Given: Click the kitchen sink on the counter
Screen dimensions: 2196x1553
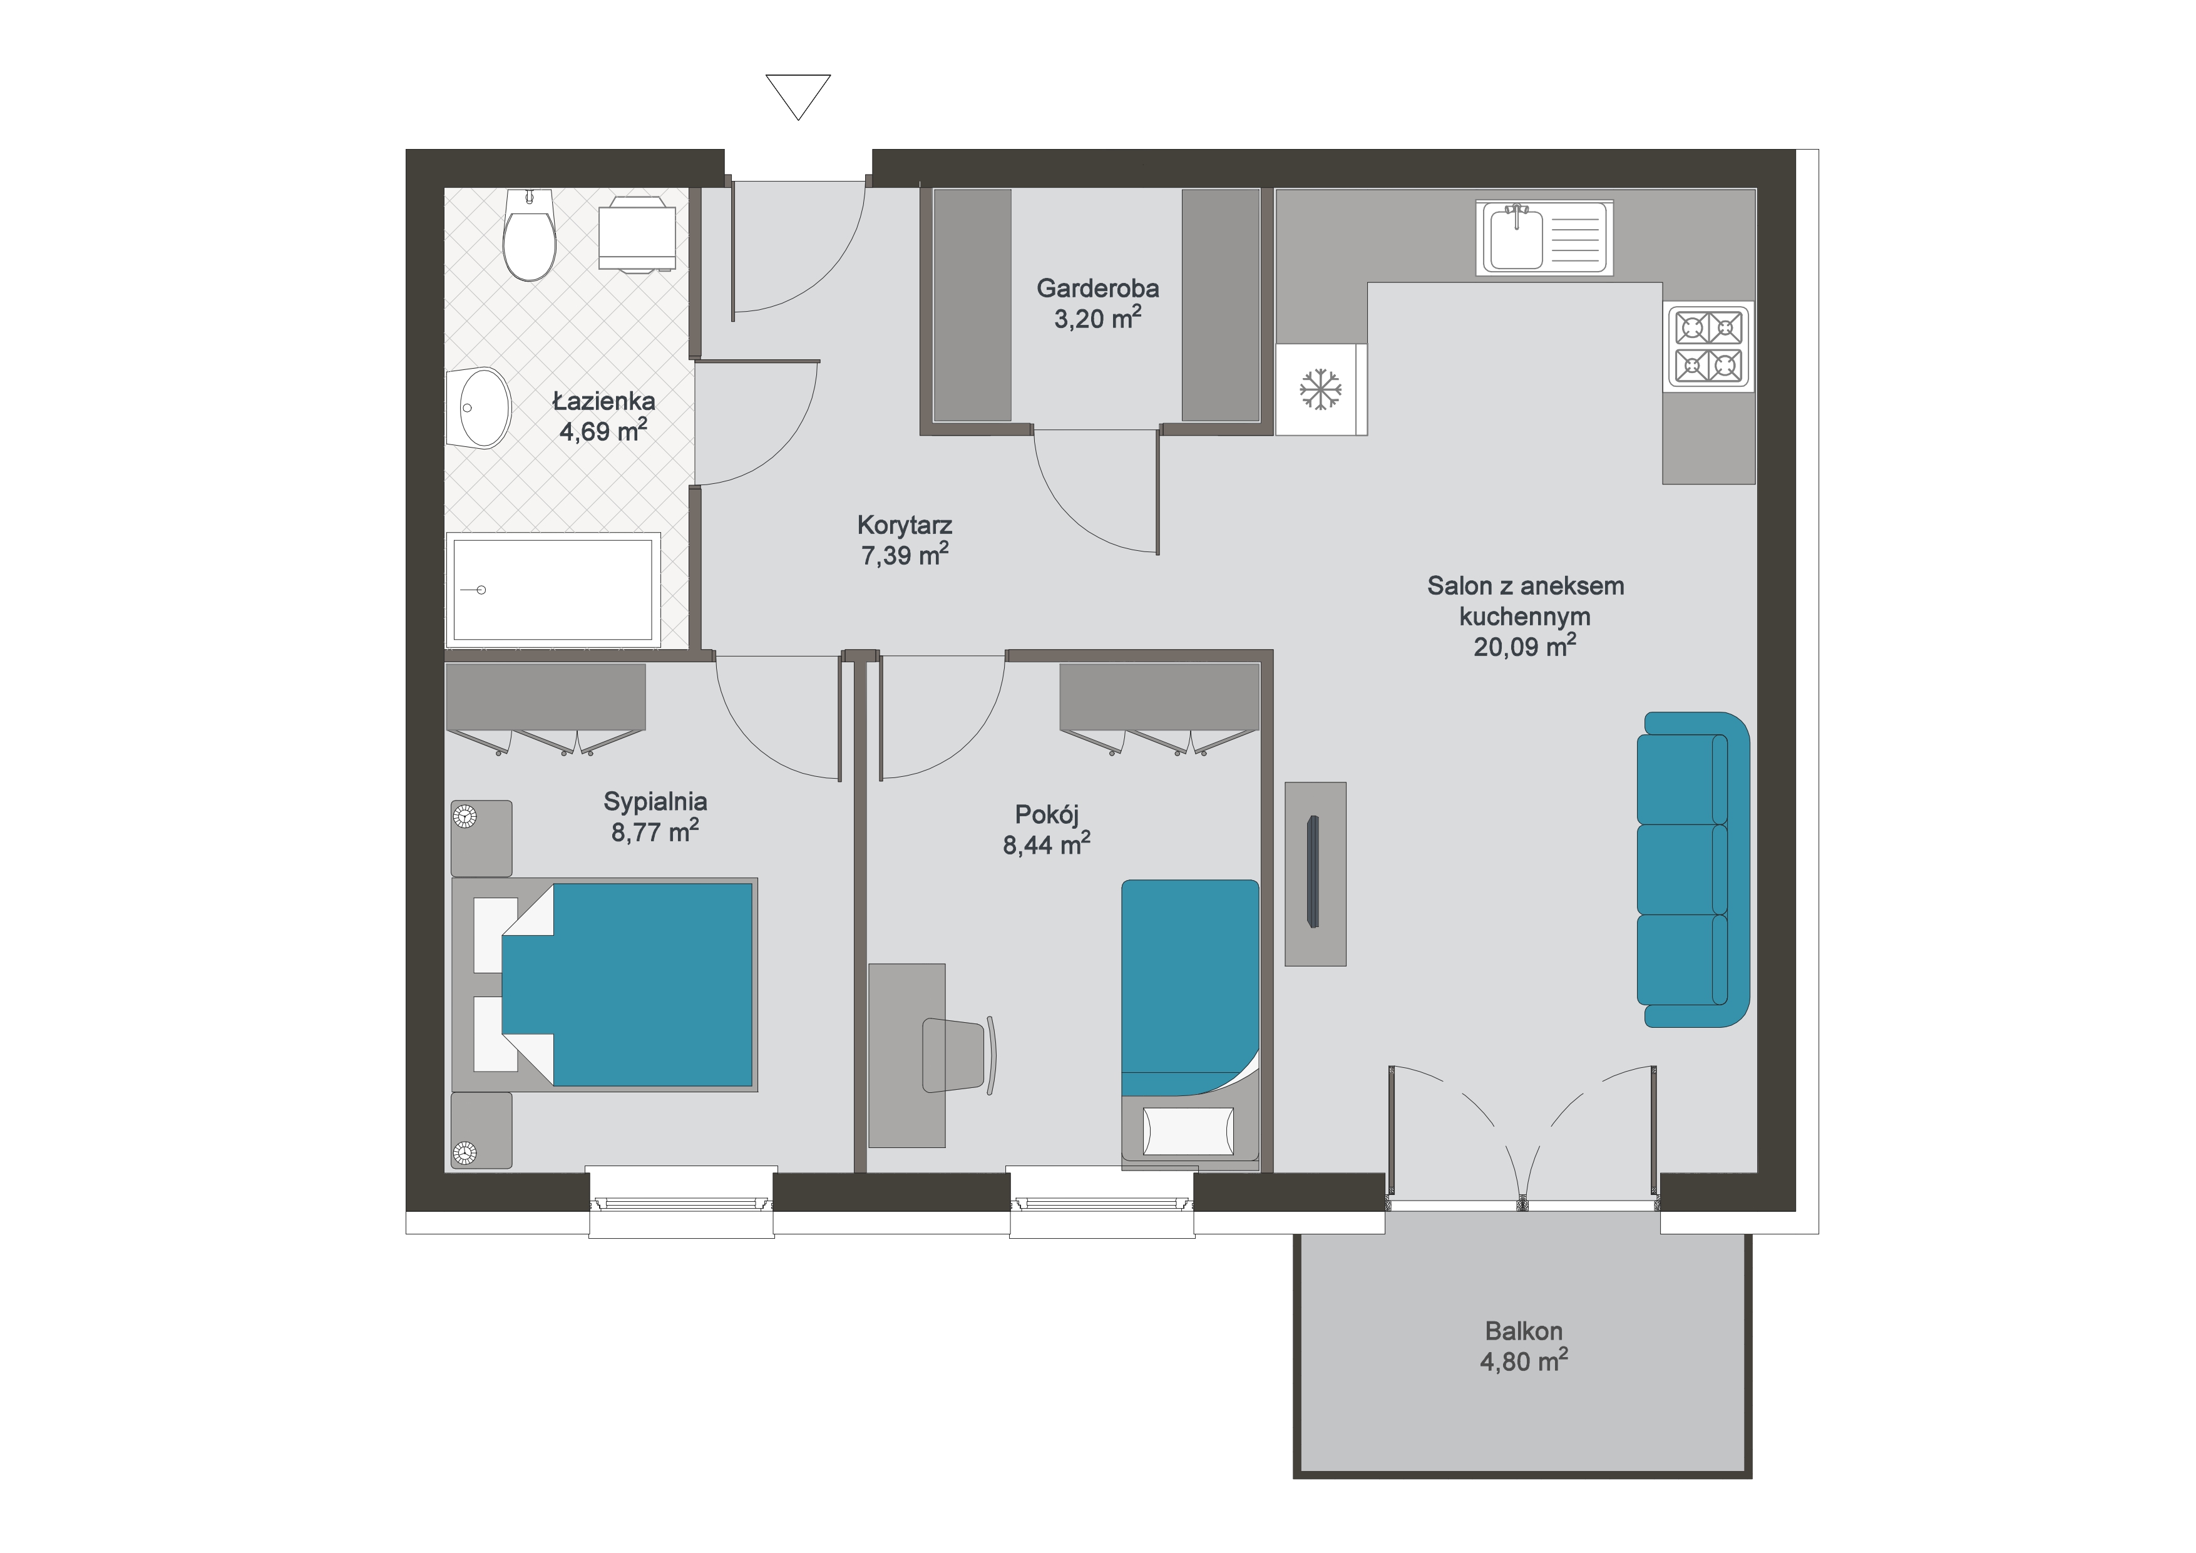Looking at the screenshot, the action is coord(1544,238).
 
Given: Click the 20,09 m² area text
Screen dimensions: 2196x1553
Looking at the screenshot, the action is coord(1524,647).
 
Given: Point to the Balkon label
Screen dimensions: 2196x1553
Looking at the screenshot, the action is coord(1524,1330).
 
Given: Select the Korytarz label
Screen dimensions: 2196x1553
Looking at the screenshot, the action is coord(905,525).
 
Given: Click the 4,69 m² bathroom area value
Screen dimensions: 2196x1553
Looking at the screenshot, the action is coord(603,430).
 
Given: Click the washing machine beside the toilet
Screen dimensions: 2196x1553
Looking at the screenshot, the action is coord(637,234).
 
